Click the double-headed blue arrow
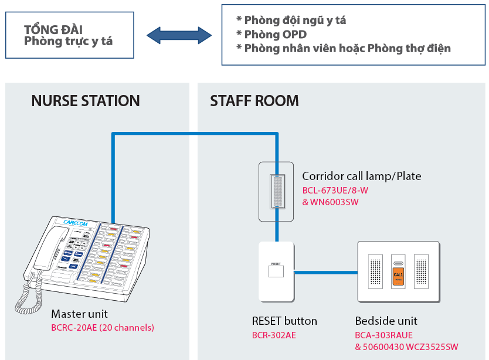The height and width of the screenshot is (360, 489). click(x=179, y=35)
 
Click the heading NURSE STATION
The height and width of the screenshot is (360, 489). click(x=86, y=101)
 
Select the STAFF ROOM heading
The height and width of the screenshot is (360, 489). click(x=254, y=101)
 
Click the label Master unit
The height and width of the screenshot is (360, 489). click(x=79, y=314)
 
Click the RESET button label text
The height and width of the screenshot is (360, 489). click(x=284, y=321)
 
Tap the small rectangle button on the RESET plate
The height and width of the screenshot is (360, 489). click(x=276, y=271)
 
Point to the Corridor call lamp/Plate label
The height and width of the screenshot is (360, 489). click(x=361, y=176)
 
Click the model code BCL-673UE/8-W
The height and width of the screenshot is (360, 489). click(x=335, y=191)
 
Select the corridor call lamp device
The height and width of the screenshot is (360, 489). click(x=276, y=191)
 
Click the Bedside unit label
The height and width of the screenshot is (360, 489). click(x=386, y=321)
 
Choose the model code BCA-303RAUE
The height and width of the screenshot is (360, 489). click(x=384, y=335)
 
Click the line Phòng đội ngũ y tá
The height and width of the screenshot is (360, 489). click(x=295, y=21)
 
